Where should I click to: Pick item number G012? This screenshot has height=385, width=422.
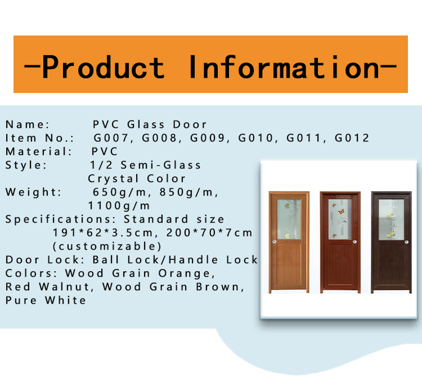[x=352, y=138]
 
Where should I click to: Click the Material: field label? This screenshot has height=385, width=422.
[x=39, y=152]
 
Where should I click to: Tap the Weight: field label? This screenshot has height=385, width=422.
[x=33, y=192]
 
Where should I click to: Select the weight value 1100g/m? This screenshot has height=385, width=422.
[x=119, y=206]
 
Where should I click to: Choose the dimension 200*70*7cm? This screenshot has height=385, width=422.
[x=209, y=232]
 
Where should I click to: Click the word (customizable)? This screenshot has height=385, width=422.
[x=107, y=246]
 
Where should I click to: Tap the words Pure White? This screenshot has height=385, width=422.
[x=46, y=300]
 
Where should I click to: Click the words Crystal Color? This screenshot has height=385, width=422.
[x=137, y=179]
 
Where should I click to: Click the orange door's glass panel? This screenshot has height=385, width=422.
[x=289, y=219]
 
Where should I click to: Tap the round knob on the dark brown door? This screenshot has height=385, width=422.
[x=406, y=242]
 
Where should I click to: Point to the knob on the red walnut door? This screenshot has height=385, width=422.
[x=354, y=242]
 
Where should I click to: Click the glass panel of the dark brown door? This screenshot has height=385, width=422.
[x=391, y=219]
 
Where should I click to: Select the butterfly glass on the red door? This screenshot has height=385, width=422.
[x=340, y=219]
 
